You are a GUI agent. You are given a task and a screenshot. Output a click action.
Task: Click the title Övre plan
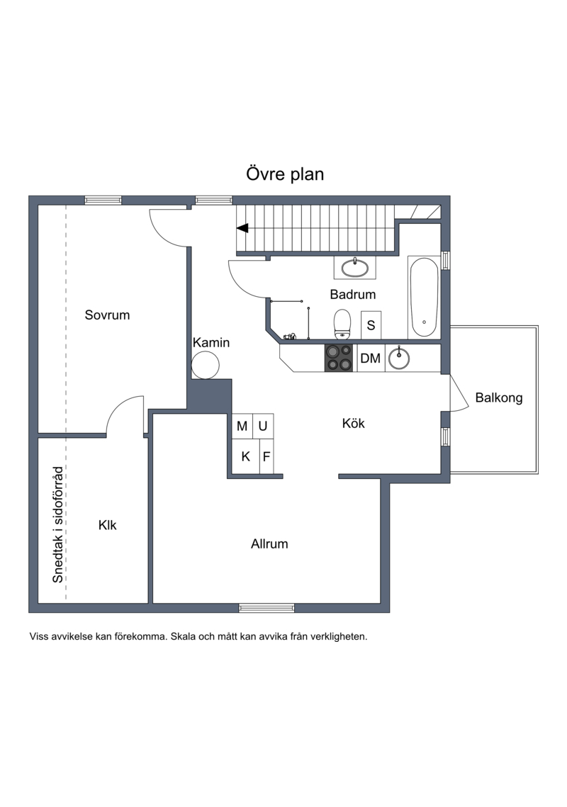pos(285,174)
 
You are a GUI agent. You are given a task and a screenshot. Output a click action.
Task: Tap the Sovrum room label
pos(107,315)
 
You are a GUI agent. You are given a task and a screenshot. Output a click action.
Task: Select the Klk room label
pos(107,525)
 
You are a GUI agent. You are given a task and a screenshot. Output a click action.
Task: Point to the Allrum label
pos(269,543)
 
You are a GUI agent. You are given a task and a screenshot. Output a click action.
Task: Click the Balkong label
pos(498,398)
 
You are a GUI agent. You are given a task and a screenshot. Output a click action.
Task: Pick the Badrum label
pos(353,295)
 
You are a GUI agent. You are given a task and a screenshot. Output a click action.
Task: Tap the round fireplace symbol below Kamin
pos(206,365)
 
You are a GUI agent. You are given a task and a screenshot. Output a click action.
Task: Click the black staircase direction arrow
pos(242,227)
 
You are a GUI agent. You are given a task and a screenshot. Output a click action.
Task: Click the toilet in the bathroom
pos(342,324)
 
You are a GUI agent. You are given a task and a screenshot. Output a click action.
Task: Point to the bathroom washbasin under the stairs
pos(355,268)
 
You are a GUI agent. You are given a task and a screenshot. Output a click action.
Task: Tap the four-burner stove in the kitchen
pos(339,358)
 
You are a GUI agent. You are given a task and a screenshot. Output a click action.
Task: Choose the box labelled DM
pos(370,358)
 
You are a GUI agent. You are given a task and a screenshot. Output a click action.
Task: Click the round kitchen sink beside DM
pos(399,359)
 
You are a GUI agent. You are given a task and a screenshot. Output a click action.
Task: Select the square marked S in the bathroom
pos(371,325)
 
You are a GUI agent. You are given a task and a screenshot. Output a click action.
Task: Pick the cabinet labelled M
pos(242,426)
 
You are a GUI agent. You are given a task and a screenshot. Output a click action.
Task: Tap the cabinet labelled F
pos(266,456)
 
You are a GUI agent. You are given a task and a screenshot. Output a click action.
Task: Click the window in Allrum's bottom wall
pos(266,608)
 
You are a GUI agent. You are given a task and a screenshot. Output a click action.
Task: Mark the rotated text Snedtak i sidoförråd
pos(58,524)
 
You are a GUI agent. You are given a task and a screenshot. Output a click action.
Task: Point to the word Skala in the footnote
pos(183,636)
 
